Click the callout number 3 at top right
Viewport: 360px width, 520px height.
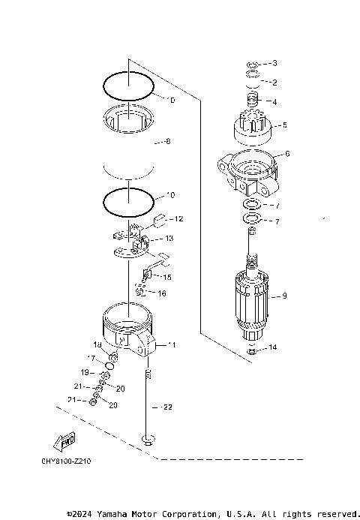[x=274, y=63]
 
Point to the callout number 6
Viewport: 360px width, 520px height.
[x=286, y=154]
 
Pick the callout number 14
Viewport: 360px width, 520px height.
[x=274, y=347]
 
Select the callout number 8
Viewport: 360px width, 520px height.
[x=168, y=141]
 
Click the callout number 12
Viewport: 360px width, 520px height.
[x=178, y=219]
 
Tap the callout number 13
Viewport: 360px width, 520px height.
[x=169, y=239]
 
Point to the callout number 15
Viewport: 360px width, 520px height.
[x=166, y=278]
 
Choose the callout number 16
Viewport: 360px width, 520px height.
[x=161, y=293]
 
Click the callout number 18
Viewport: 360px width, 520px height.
[x=97, y=344]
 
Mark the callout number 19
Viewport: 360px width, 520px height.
[x=85, y=372]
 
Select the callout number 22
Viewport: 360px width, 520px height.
[x=167, y=407]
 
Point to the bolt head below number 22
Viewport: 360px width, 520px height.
[x=148, y=439]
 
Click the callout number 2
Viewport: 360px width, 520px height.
[x=274, y=83]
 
